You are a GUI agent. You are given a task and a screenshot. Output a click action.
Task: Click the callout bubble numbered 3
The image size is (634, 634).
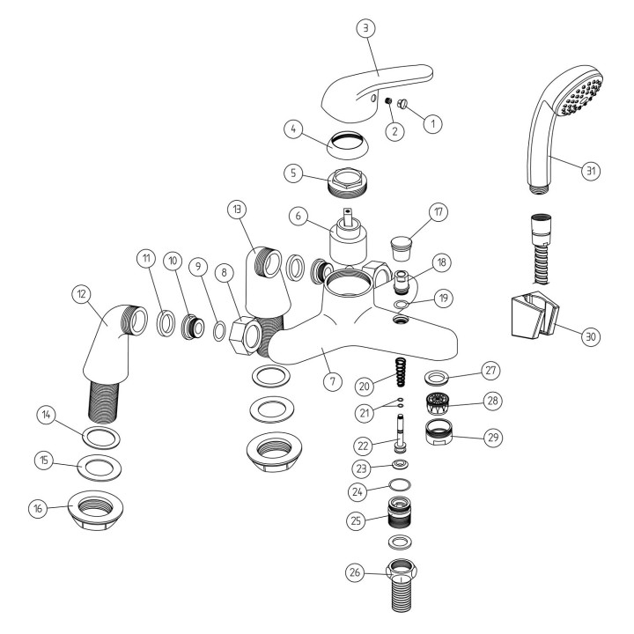366,28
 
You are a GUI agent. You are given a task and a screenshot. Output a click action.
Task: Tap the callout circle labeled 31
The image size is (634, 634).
591,170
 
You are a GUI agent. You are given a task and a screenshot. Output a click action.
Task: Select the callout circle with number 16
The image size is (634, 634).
39,508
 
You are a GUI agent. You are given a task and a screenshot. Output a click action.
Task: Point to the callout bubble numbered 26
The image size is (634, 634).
355,572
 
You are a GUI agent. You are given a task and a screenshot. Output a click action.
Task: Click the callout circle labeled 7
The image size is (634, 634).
332,381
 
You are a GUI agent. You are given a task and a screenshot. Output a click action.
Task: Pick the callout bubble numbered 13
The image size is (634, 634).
237,209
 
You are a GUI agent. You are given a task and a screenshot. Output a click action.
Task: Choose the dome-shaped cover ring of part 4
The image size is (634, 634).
348,144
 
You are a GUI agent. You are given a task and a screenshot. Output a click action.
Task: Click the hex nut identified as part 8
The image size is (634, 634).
245,335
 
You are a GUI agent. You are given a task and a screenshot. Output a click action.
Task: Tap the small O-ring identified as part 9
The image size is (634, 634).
218,331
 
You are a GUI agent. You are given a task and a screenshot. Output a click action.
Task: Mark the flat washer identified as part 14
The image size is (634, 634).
101,438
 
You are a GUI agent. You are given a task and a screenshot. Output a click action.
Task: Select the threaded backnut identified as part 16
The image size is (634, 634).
96,511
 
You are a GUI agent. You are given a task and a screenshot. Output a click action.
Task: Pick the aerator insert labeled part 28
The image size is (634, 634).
438,404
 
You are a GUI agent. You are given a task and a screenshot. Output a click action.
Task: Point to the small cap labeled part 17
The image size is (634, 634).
402,249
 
